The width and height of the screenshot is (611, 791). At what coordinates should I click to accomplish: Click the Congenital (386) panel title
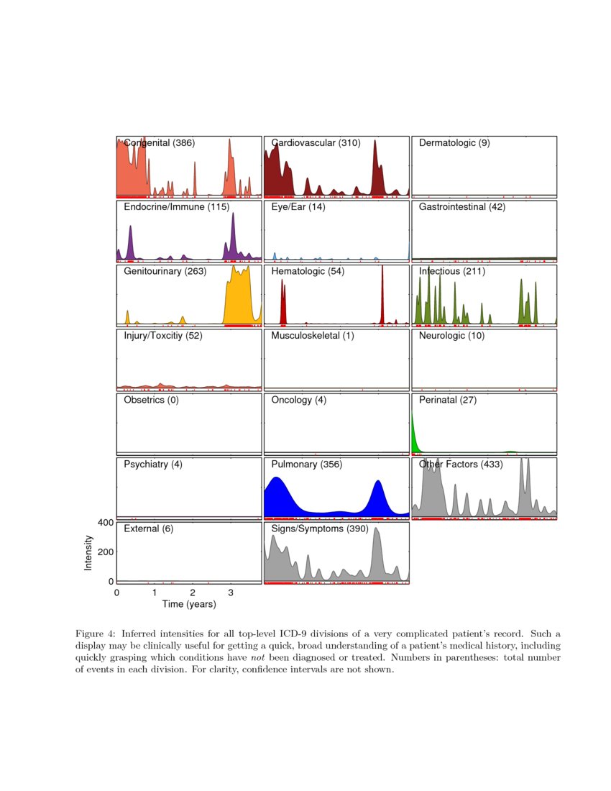[159, 143]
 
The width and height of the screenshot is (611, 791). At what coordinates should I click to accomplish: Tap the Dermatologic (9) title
[454, 143]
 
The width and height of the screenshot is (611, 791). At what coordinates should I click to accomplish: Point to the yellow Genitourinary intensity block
[239, 298]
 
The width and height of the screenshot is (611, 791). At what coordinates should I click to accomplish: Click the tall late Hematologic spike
[382, 295]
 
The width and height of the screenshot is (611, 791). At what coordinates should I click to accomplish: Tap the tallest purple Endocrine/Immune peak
[233, 237]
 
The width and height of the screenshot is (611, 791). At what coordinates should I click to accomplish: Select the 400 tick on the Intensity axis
[105, 523]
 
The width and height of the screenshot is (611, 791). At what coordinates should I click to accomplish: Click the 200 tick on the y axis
[105, 552]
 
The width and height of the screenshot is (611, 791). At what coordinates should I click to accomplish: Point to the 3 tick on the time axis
[230, 593]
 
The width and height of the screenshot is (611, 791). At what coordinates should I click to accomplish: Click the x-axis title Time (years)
[189, 605]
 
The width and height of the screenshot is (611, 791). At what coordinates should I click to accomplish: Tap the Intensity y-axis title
[88, 553]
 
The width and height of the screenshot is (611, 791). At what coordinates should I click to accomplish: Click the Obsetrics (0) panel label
[151, 400]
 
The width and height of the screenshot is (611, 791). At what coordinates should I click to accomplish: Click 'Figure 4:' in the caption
[96, 634]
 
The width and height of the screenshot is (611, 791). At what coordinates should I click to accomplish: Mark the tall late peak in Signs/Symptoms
[377, 554]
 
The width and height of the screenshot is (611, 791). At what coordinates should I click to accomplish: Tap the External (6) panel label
[148, 529]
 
